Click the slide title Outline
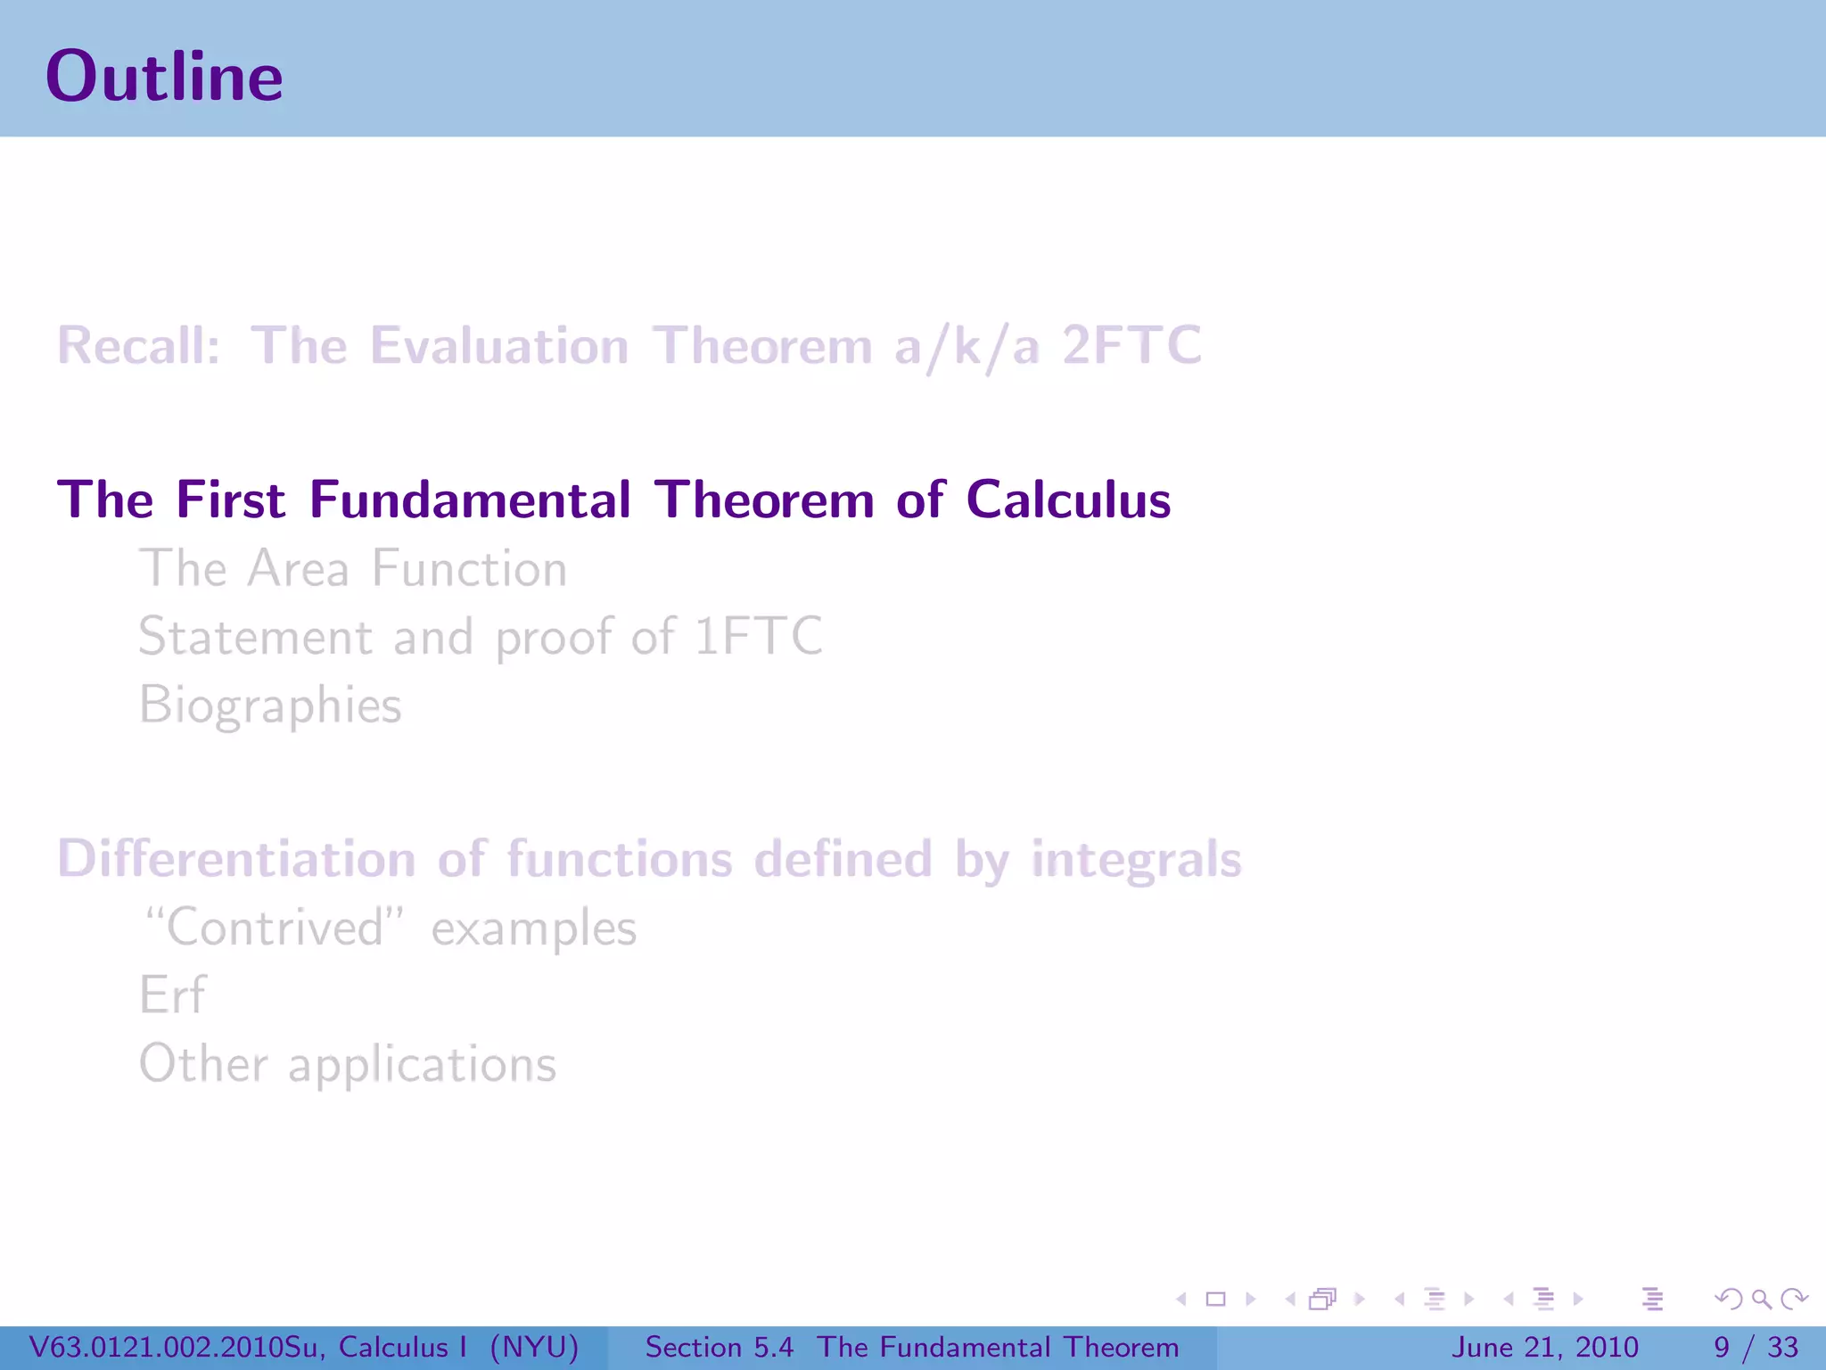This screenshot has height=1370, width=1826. (x=164, y=77)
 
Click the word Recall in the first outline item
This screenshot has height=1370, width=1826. (x=137, y=346)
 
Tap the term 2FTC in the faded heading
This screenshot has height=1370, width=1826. (x=1131, y=346)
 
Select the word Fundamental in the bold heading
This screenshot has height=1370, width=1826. (x=470, y=499)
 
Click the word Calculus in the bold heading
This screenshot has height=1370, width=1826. (x=1067, y=499)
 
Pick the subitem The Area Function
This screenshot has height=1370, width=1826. (x=353, y=569)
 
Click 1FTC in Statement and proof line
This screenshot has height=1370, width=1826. (x=758, y=637)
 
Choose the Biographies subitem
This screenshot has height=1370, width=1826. (x=270, y=706)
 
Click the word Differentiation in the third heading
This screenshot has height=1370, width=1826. (x=236, y=859)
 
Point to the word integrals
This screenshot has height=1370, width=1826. (x=1136, y=859)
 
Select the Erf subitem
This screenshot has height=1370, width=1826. (x=172, y=995)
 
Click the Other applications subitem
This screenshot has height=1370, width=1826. (x=348, y=1064)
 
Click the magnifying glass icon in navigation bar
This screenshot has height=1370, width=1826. (x=1761, y=1300)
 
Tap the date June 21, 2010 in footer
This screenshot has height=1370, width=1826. (x=1544, y=1347)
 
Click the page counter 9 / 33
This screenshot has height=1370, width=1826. (x=1756, y=1347)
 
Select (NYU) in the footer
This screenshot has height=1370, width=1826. (x=534, y=1347)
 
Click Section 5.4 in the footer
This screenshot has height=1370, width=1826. (x=719, y=1347)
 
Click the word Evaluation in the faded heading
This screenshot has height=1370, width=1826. (x=499, y=346)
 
